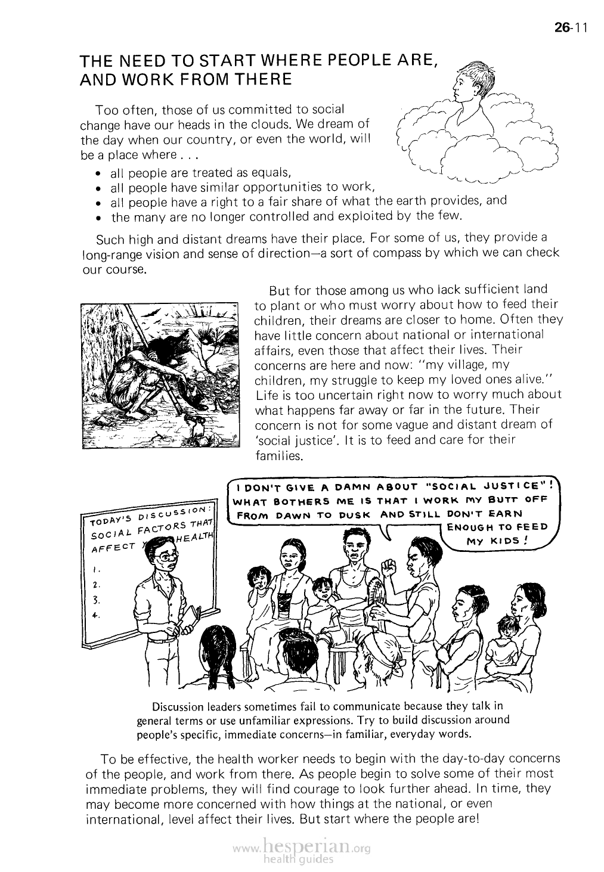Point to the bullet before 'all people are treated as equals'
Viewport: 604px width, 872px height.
98,175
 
